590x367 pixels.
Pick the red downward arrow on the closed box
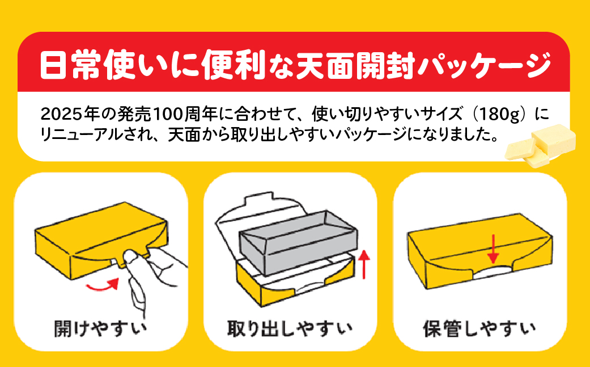click(x=493, y=250)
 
